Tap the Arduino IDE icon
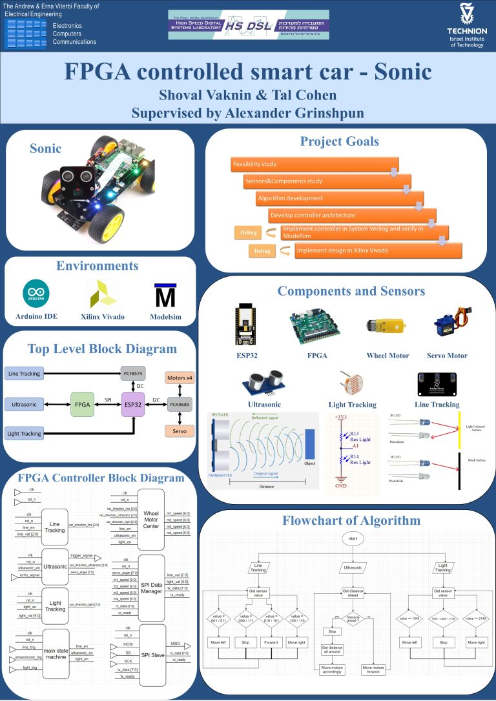tap(34, 294)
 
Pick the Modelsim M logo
tap(165, 295)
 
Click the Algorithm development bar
tap(338, 198)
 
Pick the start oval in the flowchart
tap(353, 538)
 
